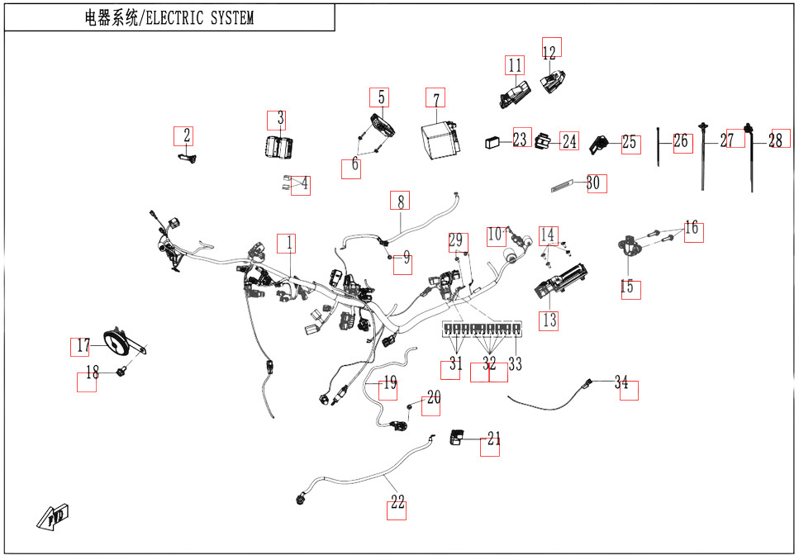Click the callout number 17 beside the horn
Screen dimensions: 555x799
click(x=83, y=346)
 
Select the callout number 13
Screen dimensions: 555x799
click(x=549, y=320)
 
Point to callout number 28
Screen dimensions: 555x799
click(x=776, y=140)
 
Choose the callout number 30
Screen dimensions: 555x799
click(x=593, y=183)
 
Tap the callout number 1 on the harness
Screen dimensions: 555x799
click(x=289, y=244)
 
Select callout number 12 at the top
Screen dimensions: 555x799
click(x=549, y=51)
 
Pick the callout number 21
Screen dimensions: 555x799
click(x=493, y=439)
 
